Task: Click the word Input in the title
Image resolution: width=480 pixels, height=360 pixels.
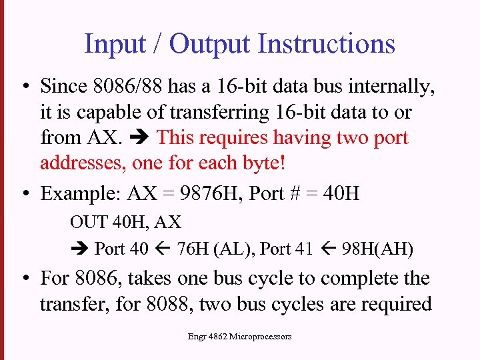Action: pos(109,44)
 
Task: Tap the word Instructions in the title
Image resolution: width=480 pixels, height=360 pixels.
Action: pos(326,44)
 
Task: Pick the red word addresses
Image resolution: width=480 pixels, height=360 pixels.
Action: pos(83,163)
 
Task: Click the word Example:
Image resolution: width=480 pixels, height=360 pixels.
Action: pos(81,194)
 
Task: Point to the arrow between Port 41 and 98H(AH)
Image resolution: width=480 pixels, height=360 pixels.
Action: pos(327,249)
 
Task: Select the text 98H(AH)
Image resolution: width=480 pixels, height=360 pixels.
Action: pos(377,249)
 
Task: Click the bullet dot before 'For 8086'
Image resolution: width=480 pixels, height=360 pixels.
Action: pos(25,277)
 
